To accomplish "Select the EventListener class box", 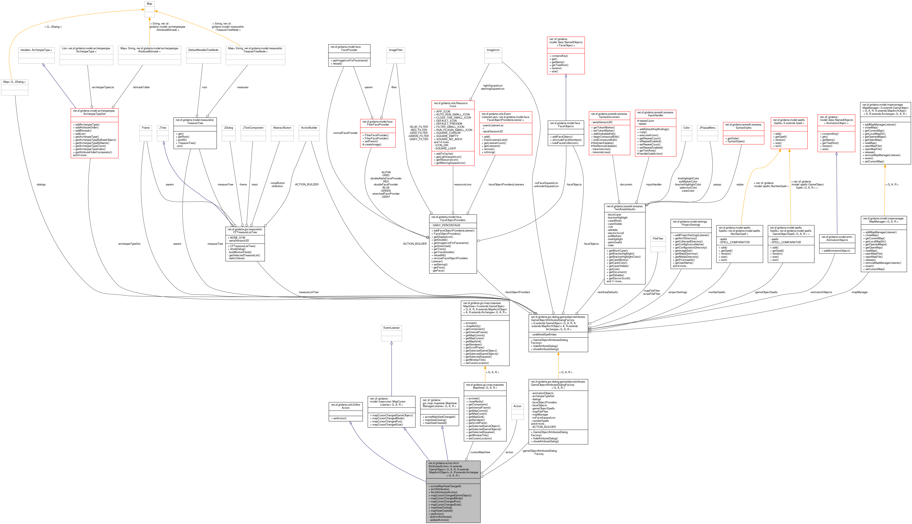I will coord(391,333).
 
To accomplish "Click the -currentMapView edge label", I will coord(480,452).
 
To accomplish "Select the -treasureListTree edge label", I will coord(308,292).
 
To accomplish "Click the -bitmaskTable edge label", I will coord(141,87).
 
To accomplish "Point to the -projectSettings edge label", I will coord(677,292).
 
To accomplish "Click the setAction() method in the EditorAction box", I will coord(339,418).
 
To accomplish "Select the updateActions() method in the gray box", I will coord(439,520).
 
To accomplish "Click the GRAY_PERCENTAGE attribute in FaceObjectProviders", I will coord(446,225).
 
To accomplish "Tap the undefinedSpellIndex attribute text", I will coord(544,334).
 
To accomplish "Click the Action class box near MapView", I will coord(517,411).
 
